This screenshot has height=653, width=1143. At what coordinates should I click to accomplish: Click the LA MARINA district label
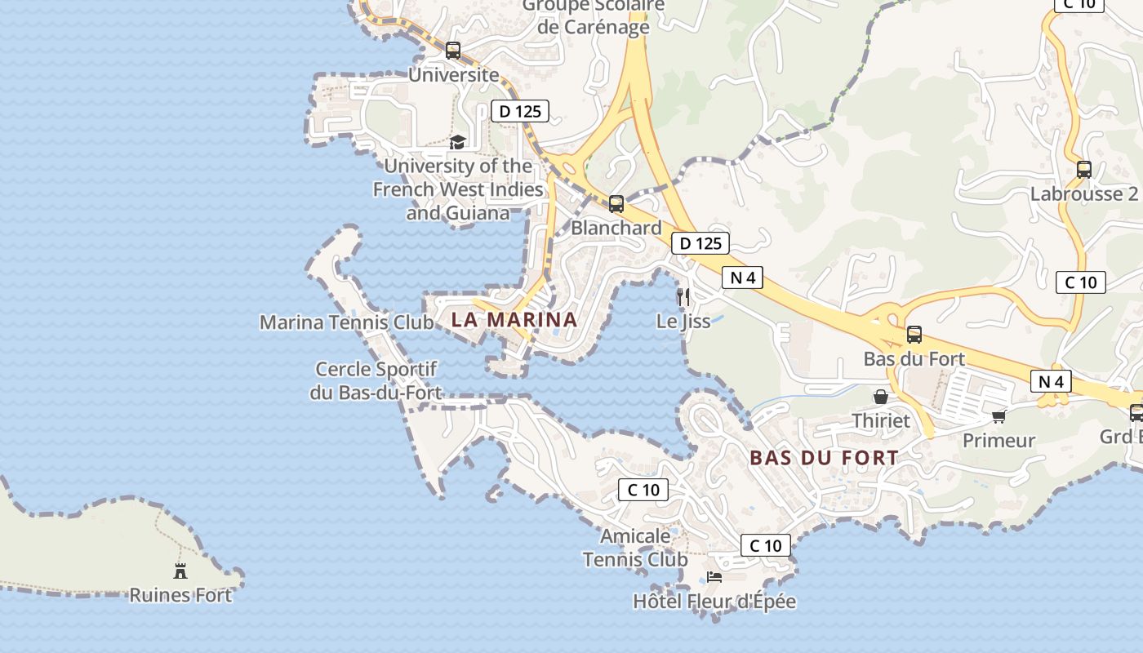point(514,319)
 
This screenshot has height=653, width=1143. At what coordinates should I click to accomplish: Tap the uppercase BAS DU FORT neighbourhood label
point(824,458)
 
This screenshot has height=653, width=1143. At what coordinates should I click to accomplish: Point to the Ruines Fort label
point(180,595)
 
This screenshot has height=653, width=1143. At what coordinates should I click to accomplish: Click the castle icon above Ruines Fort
point(180,571)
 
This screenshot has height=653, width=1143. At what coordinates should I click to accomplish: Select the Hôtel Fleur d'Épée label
point(714,602)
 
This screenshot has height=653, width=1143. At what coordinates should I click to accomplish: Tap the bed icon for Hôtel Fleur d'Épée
point(714,577)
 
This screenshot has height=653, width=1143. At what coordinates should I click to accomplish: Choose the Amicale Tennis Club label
point(635,548)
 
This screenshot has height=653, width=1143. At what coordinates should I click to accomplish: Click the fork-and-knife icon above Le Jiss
point(683,296)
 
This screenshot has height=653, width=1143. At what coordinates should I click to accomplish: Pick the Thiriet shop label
point(881,420)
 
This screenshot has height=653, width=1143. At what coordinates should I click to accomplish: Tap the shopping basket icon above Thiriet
point(881,398)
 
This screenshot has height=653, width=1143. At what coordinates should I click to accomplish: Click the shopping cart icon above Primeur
point(998,417)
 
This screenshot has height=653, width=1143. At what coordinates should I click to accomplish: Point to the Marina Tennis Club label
point(347,322)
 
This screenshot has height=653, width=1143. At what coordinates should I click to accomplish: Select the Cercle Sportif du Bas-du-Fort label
point(376,381)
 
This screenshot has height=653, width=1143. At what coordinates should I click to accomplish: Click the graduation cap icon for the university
point(457,143)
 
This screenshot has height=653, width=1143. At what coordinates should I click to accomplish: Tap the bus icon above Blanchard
point(616,204)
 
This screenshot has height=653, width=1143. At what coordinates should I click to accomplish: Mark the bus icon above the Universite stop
point(453,51)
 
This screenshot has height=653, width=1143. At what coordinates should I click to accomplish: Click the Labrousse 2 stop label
point(1083,194)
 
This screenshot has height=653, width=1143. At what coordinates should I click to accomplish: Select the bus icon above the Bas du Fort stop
point(914,335)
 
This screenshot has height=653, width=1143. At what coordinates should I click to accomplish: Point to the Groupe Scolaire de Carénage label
point(594,16)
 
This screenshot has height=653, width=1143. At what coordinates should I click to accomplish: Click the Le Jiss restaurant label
point(683,322)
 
